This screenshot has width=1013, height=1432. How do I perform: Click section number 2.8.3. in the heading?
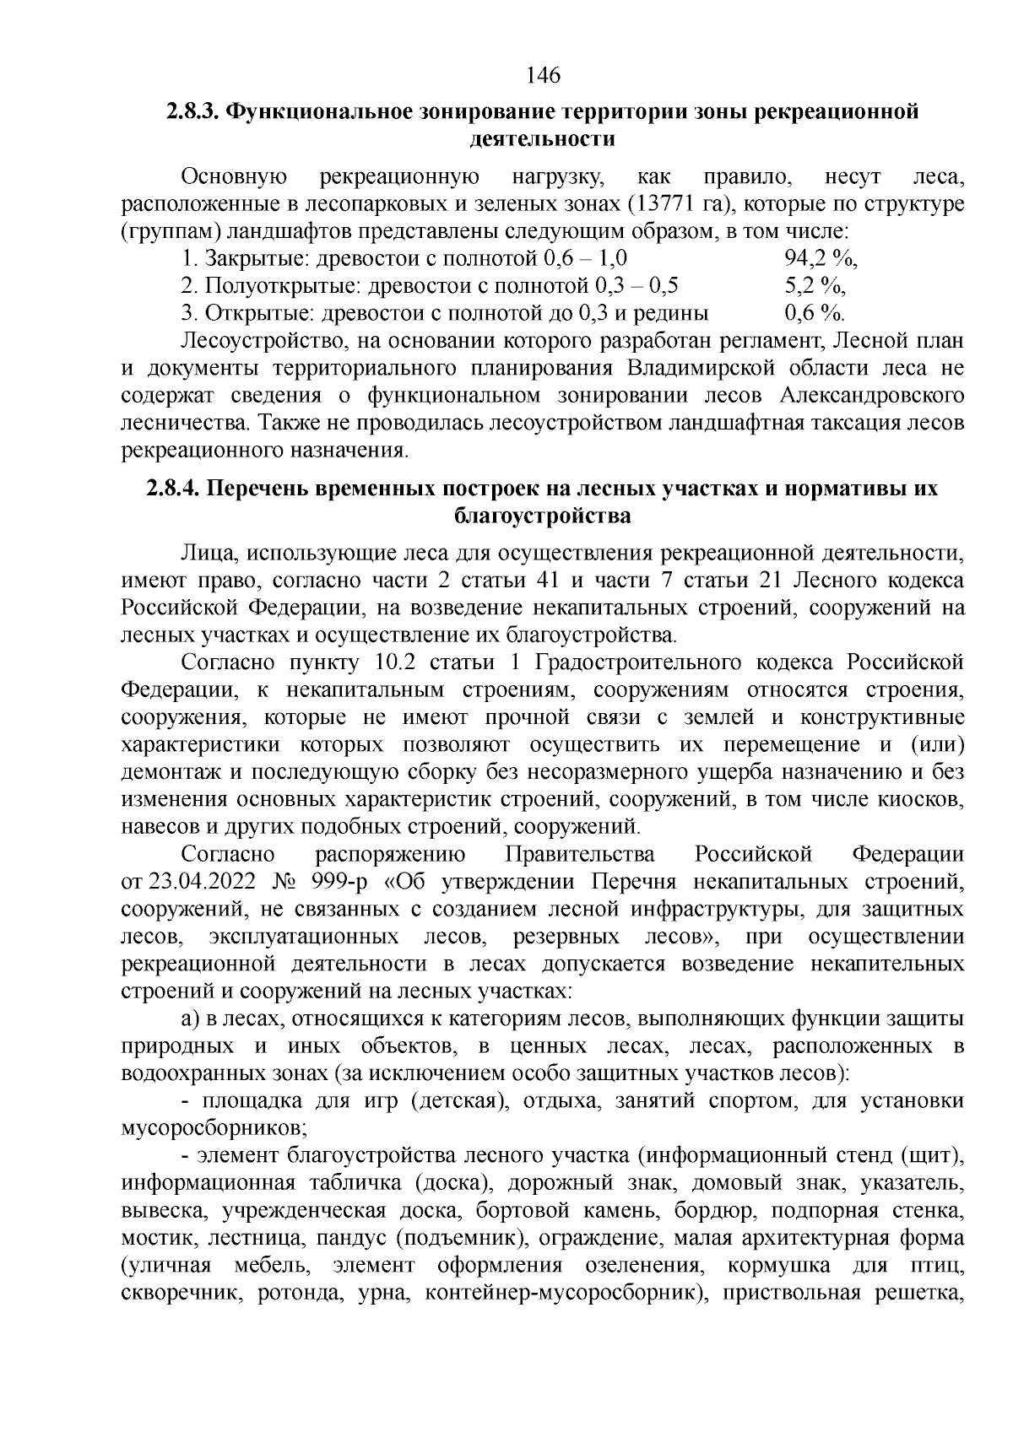pos(192,112)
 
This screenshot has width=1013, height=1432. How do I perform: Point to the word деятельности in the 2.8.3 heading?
pos(541,139)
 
